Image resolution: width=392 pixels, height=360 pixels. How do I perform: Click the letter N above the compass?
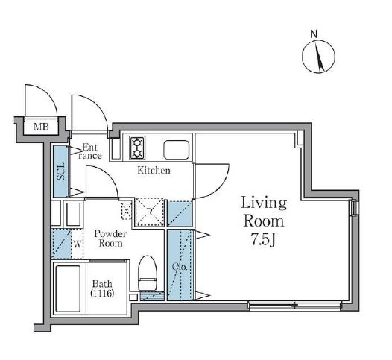coord(314,34)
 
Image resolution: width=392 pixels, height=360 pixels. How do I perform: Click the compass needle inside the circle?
coord(319,57)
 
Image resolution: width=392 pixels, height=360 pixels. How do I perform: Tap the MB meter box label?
coord(41,127)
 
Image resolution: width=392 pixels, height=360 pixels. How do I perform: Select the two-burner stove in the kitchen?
coord(137,148)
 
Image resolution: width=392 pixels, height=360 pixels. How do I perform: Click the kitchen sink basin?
coord(176,150)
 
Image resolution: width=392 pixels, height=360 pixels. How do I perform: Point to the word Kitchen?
coord(154,171)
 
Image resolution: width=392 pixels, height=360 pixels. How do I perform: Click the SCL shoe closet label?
coord(61,171)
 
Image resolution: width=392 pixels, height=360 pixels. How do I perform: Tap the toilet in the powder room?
coord(148,273)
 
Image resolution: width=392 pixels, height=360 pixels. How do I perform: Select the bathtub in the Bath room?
coord(68,288)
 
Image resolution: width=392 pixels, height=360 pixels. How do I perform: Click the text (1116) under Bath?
coord(102,293)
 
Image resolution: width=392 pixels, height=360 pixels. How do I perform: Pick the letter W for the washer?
coord(78,244)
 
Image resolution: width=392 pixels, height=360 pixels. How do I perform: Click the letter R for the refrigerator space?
coord(150,212)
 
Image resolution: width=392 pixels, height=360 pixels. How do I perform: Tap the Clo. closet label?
coord(180,267)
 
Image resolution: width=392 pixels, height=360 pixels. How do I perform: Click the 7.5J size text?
coord(263,240)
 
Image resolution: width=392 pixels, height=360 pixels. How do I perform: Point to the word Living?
coord(264,203)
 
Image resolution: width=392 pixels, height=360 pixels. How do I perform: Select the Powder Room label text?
coord(110,239)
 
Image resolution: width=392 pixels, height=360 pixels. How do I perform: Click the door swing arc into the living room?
coord(221,189)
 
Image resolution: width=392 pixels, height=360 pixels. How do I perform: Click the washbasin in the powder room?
coord(74,215)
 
